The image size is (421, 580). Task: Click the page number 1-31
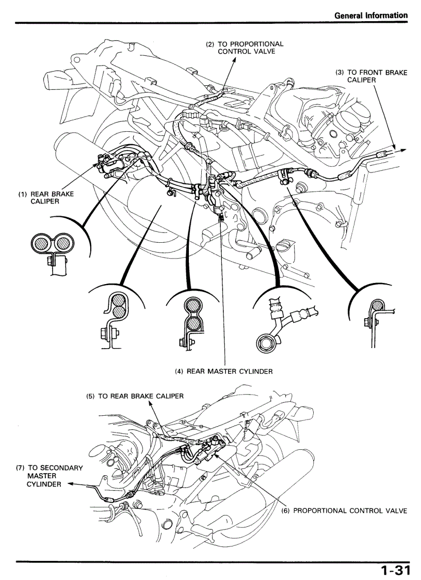tap(395, 570)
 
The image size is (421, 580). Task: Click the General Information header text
tap(371, 15)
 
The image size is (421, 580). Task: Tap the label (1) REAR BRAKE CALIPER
tap(46, 198)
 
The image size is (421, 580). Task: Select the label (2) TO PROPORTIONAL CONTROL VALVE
tap(245, 48)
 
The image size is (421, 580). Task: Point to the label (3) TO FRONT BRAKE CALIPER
tap(371, 76)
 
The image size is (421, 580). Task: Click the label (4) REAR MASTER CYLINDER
tap(223, 371)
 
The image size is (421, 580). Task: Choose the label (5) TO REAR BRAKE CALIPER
tap(135, 396)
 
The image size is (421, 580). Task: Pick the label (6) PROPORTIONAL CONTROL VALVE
tap(344, 511)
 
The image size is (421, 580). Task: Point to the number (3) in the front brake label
tap(339, 72)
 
